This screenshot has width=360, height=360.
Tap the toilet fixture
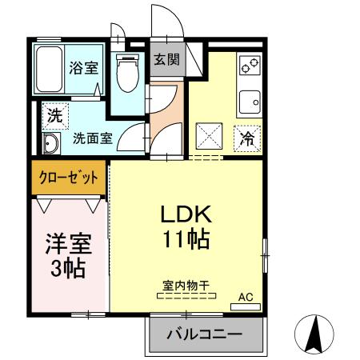pos(126,74)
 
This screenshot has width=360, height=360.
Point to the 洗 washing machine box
pos(54,115)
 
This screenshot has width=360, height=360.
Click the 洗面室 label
pos(93,137)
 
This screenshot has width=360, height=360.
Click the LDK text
pos(186,214)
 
